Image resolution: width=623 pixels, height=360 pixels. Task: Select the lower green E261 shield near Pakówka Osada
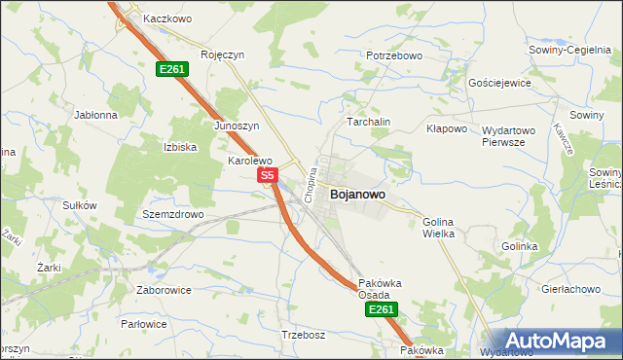click(x=381, y=309)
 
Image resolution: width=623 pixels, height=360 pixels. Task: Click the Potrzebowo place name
click(x=394, y=55)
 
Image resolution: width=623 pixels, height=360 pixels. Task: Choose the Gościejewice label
click(x=499, y=83)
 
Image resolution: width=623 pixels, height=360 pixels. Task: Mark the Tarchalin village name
click(x=369, y=122)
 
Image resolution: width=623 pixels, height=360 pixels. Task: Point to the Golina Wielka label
click(x=438, y=228)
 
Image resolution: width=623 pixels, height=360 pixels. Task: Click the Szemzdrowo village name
click(x=172, y=214)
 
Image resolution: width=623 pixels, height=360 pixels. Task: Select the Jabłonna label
click(x=95, y=114)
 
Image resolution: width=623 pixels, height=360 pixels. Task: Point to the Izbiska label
click(x=180, y=147)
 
